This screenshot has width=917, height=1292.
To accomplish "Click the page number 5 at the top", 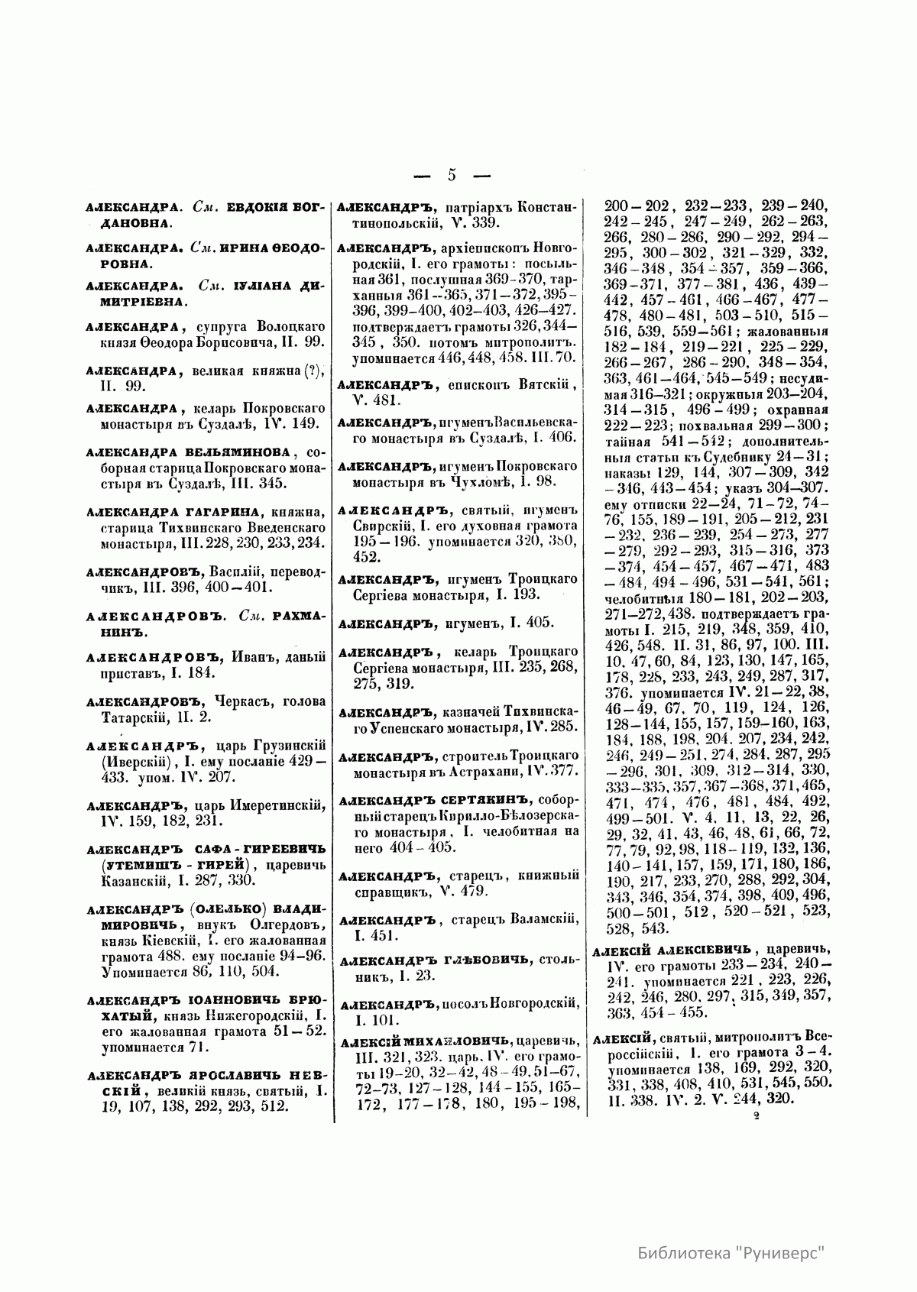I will (451, 175).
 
